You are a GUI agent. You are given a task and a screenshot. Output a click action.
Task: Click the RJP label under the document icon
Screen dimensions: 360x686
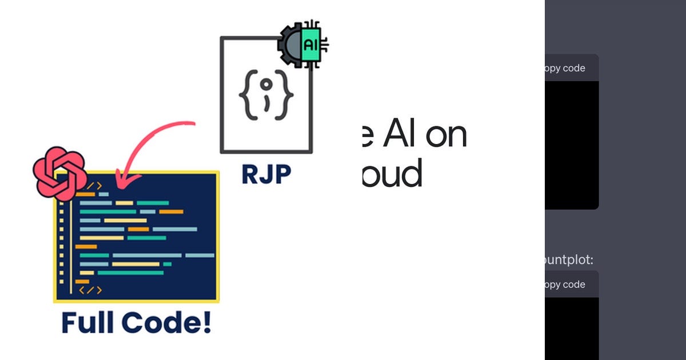click(266, 174)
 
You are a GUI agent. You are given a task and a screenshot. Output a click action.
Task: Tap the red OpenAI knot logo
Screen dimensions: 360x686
click(59, 173)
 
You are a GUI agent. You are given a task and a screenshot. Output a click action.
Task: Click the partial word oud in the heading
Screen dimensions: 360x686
click(393, 174)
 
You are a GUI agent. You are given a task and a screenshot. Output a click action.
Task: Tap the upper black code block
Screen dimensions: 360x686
click(571, 143)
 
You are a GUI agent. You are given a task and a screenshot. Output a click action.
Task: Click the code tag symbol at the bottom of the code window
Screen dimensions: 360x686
click(90, 290)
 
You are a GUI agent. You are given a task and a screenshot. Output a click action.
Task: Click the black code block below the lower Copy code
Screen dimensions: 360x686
click(571, 329)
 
